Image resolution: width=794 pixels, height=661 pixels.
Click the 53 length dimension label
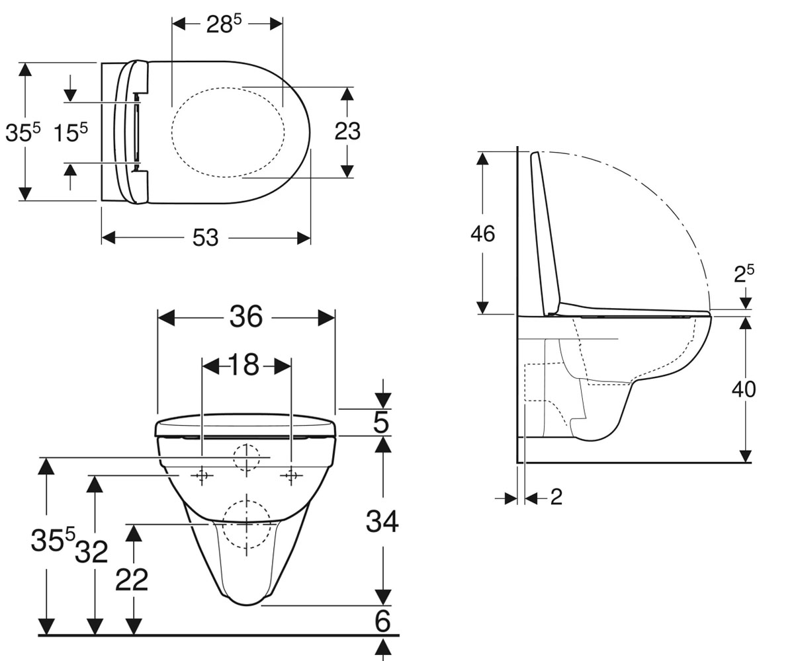coord(205,238)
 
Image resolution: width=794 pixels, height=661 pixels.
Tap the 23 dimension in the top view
coord(347,132)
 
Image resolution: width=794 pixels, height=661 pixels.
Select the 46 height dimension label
coord(482,233)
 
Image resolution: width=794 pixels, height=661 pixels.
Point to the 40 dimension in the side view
coord(744,389)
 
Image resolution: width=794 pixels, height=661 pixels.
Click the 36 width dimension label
coord(246,317)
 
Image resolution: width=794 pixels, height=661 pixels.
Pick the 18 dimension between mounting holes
coord(245,365)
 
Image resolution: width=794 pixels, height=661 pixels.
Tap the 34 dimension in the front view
coord(382,522)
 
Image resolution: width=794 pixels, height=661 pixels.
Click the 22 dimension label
coord(132,580)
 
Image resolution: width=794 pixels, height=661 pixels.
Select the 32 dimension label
coord(92,551)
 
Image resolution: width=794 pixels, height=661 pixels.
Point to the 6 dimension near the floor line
coord(382,621)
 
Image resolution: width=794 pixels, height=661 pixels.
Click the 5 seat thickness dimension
coord(381,422)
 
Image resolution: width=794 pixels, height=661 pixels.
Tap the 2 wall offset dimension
coord(556,496)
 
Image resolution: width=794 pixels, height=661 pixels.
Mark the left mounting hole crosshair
coord(202,475)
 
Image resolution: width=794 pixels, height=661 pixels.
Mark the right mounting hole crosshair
coord(291,475)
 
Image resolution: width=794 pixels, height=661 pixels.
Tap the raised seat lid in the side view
coord(545,233)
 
